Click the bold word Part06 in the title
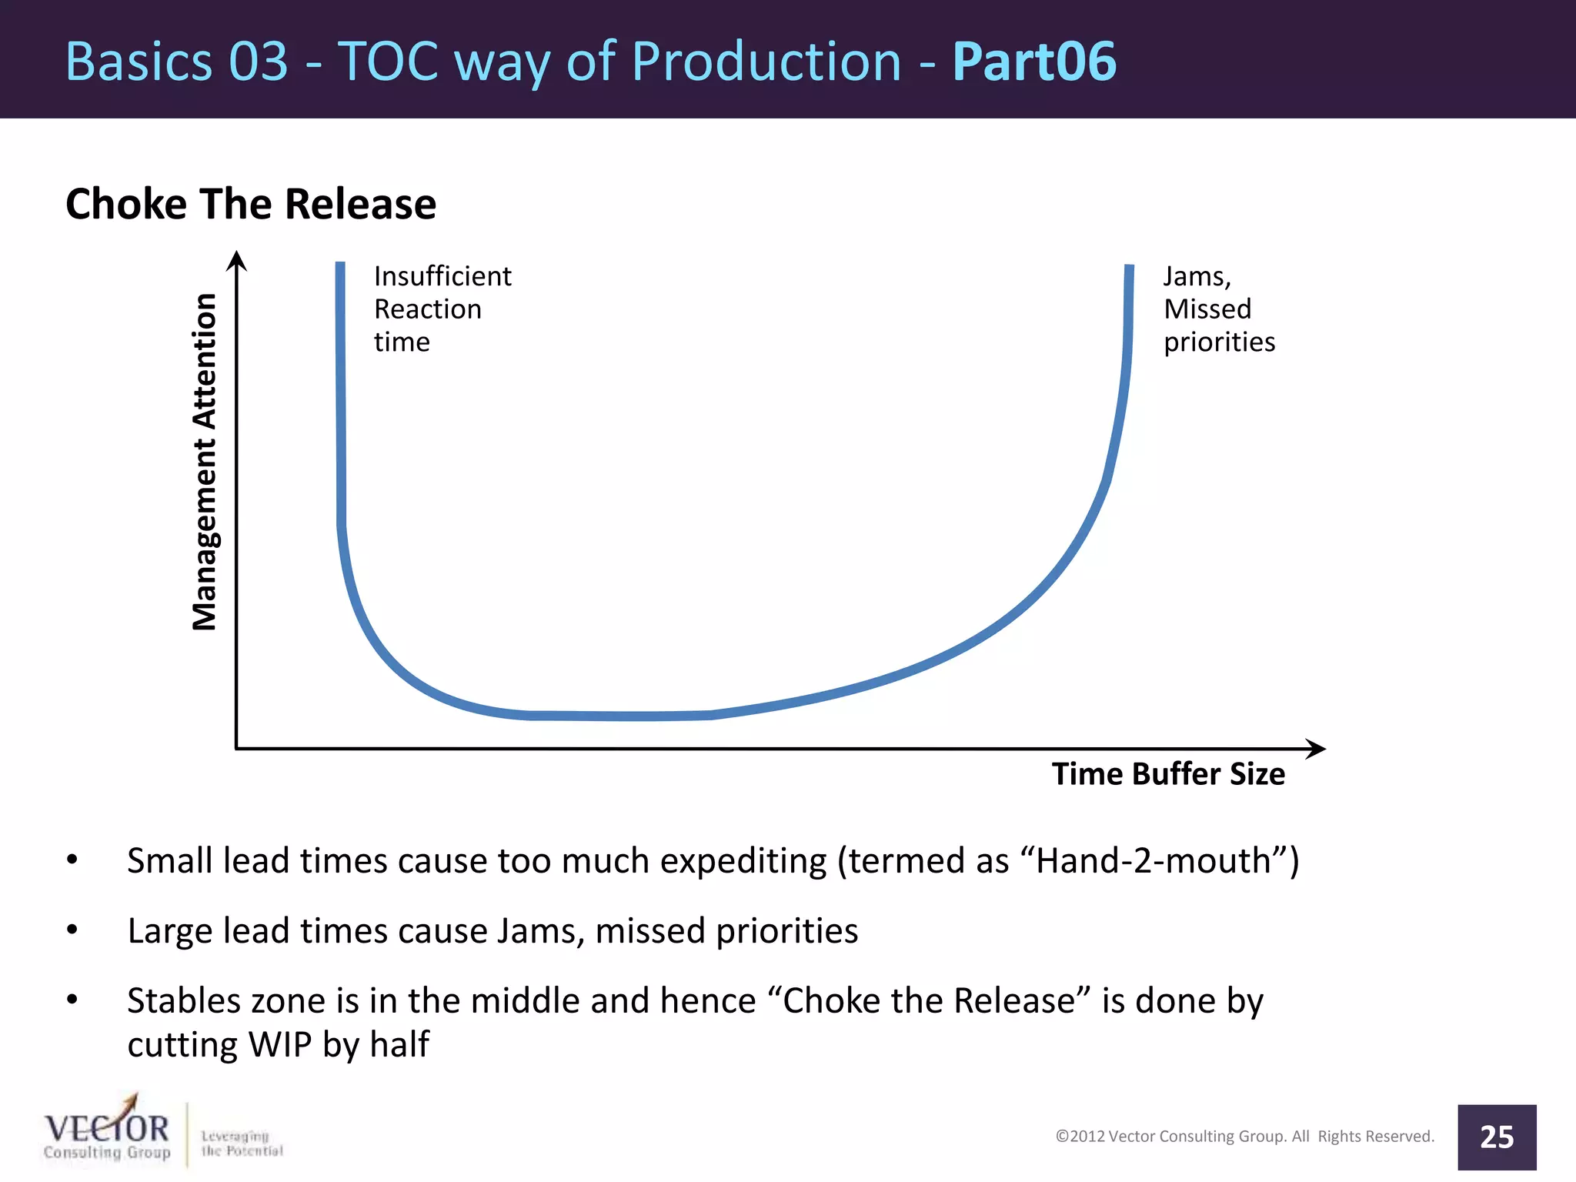click(x=1033, y=62)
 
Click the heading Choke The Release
click(x=251, y=205)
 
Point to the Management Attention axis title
click(x=205, y=462)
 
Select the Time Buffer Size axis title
click(x=1167, y=774)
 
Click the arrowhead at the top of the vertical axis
click(x=237, y=261)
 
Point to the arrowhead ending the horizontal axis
click(x=1316, y=748)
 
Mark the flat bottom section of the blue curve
click(x=619, y=716)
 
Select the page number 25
click(x=1496, y=1137)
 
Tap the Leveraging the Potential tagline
click(x=241, y=1144)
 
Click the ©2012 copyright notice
click(x=1244, y=1137)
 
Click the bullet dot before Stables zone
click(x=72, y=1000)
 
